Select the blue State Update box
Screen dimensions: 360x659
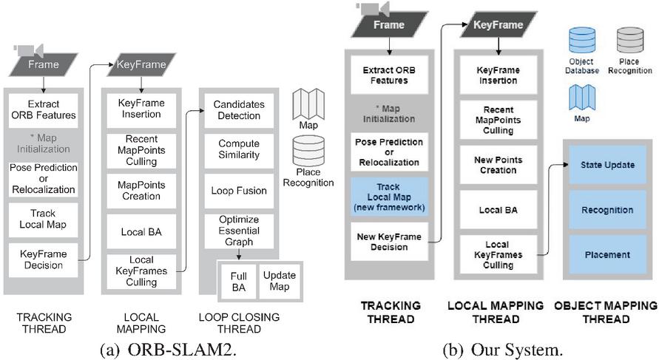click(x=606, y=165)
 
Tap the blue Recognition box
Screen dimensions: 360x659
click(x=606, y=210)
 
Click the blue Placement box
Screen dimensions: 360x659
click(x=606, y=255)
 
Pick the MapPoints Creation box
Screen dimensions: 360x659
click(x=141, y=190)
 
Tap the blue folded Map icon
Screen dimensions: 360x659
click(x=581, y=97)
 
